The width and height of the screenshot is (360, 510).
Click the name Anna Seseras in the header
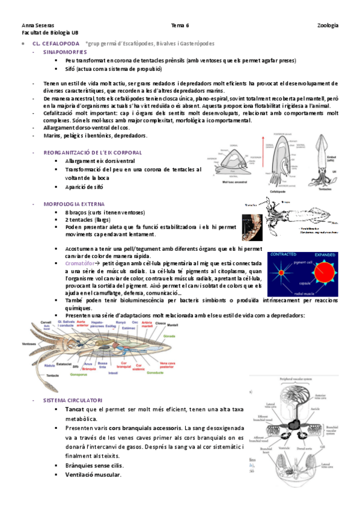click(37, 25)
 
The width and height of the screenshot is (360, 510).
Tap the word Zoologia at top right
click(328, 25)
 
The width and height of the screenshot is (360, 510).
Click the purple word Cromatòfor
click(82, 263)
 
